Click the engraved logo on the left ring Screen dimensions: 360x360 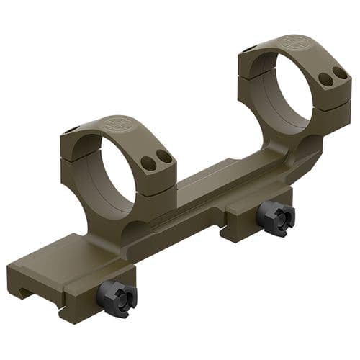coord(117,124)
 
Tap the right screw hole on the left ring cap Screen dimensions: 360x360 coord(165,156)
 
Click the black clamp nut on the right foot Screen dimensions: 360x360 coord(276,218)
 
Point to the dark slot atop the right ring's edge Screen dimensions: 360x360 coord(248,49)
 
